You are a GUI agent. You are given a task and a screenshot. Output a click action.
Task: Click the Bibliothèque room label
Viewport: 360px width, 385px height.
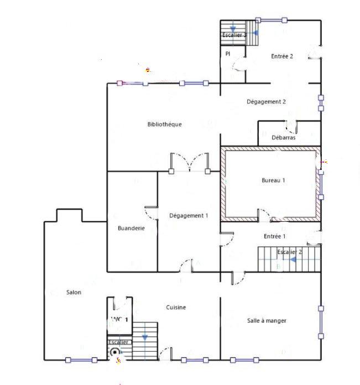click(x=164, y=124)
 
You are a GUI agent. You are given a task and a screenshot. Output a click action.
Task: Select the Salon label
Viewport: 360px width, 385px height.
click(x=74, y=293)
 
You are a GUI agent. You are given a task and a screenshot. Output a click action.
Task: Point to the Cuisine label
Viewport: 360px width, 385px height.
click(x=176, y=308)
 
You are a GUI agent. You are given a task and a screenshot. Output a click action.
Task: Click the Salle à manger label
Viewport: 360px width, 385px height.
click(x=267, y=321)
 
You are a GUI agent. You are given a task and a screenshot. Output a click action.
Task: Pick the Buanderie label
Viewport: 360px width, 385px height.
click(x=131, y=228)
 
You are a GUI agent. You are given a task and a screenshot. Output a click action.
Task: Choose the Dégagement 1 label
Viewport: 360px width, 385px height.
click(x=189, y=216)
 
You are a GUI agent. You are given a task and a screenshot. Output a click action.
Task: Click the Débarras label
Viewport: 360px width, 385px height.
click(x=283, y=138)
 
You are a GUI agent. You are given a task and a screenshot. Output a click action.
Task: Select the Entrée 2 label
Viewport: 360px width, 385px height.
click(x=281, y=56)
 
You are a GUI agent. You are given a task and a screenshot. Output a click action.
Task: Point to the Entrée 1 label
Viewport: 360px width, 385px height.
click(x=274, y=236)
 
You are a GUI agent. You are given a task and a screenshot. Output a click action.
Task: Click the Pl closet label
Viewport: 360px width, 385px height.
click(x=227, y=54)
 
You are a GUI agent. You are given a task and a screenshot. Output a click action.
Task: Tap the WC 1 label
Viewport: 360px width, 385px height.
click(x=119, y=320)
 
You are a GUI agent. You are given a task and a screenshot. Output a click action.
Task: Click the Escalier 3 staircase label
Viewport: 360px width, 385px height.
click(x=234, y=35)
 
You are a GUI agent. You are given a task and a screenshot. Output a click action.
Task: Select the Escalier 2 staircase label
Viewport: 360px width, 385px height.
click(x=290, y=252)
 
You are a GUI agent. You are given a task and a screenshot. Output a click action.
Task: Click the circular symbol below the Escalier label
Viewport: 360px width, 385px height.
click(x=115, y=352)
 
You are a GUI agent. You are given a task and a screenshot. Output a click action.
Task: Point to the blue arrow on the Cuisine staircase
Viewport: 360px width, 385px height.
click(x=145, y=336)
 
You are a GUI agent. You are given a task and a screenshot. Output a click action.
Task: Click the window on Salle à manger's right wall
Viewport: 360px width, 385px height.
click(x=320, y=321)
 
